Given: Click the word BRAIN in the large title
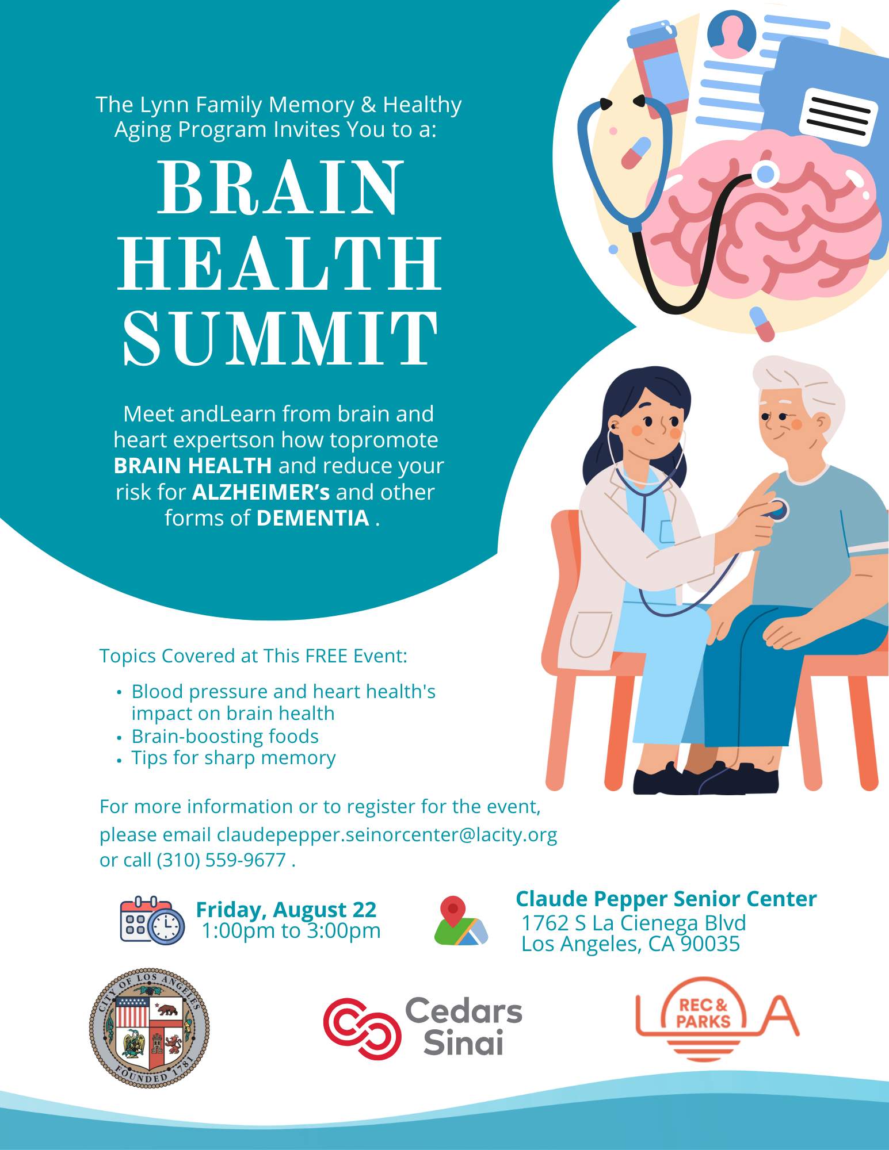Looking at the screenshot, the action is (x=280, y=187).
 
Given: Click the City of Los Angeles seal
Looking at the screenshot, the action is (x=150, y=1028).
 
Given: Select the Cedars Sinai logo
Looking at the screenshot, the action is (x=423, y=1028).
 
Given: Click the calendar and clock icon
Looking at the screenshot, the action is (x=152, y=920).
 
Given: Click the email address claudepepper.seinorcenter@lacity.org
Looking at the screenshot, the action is (x=387, y=834).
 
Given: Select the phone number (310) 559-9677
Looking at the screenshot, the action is (x=222, y=860).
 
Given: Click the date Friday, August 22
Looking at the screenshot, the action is (x=286, y=910).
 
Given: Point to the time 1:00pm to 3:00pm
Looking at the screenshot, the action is (x=291, y=931).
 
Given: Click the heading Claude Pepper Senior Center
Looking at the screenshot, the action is (x=666, y=899).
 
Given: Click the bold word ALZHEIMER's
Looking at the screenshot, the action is (x=261, y=492).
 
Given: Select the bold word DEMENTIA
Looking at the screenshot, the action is (x=313, y=518).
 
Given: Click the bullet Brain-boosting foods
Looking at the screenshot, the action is (x=225, y=736).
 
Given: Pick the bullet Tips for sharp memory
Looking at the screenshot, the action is (x=234, y=758).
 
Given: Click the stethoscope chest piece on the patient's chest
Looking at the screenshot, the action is (x=777, y=510).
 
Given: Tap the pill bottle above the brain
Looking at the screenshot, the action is (x=659, y=69).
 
